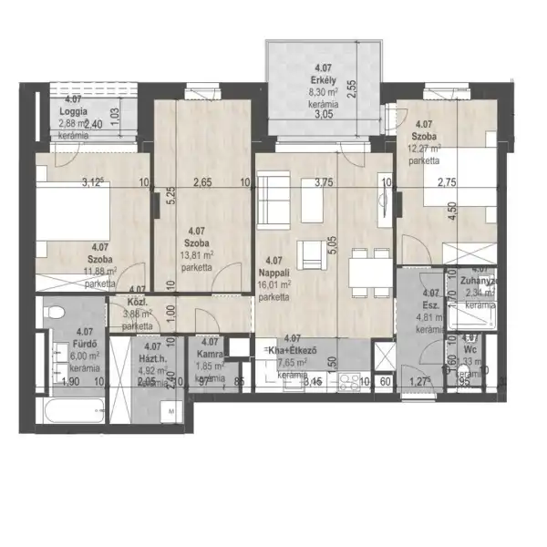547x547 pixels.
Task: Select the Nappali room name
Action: click(x=275, y=272)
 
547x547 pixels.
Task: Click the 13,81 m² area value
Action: click(x=197, y=256)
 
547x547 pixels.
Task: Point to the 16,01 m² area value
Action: click(x=275, y=284)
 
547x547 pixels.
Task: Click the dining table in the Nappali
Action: click(x=366, y=270)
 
